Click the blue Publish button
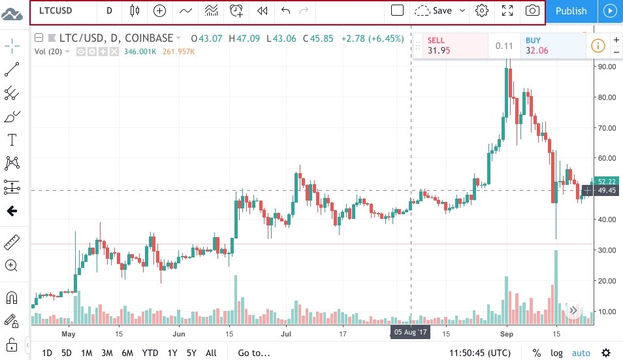(x=571, y=10)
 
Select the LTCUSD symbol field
(x=56, y=10)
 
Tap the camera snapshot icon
(x=533, y=10)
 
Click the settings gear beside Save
(x=482, y=10)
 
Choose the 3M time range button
(x=107, y=353)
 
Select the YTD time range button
(x=150, y=353)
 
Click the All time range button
(x=211, y=353)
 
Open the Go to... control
(x=253, y=353)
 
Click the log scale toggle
(x=556, y=353)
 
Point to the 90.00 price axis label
(x=607, y=67)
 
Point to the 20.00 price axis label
(x=607, y=281)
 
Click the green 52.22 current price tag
(x=607, y=181)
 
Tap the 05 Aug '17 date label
(x=410, y=332)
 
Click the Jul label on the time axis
(x=286, y=333)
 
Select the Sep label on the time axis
(x=508, y=333)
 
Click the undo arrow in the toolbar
(x=285, y=10)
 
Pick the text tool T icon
(x=12, y=140)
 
